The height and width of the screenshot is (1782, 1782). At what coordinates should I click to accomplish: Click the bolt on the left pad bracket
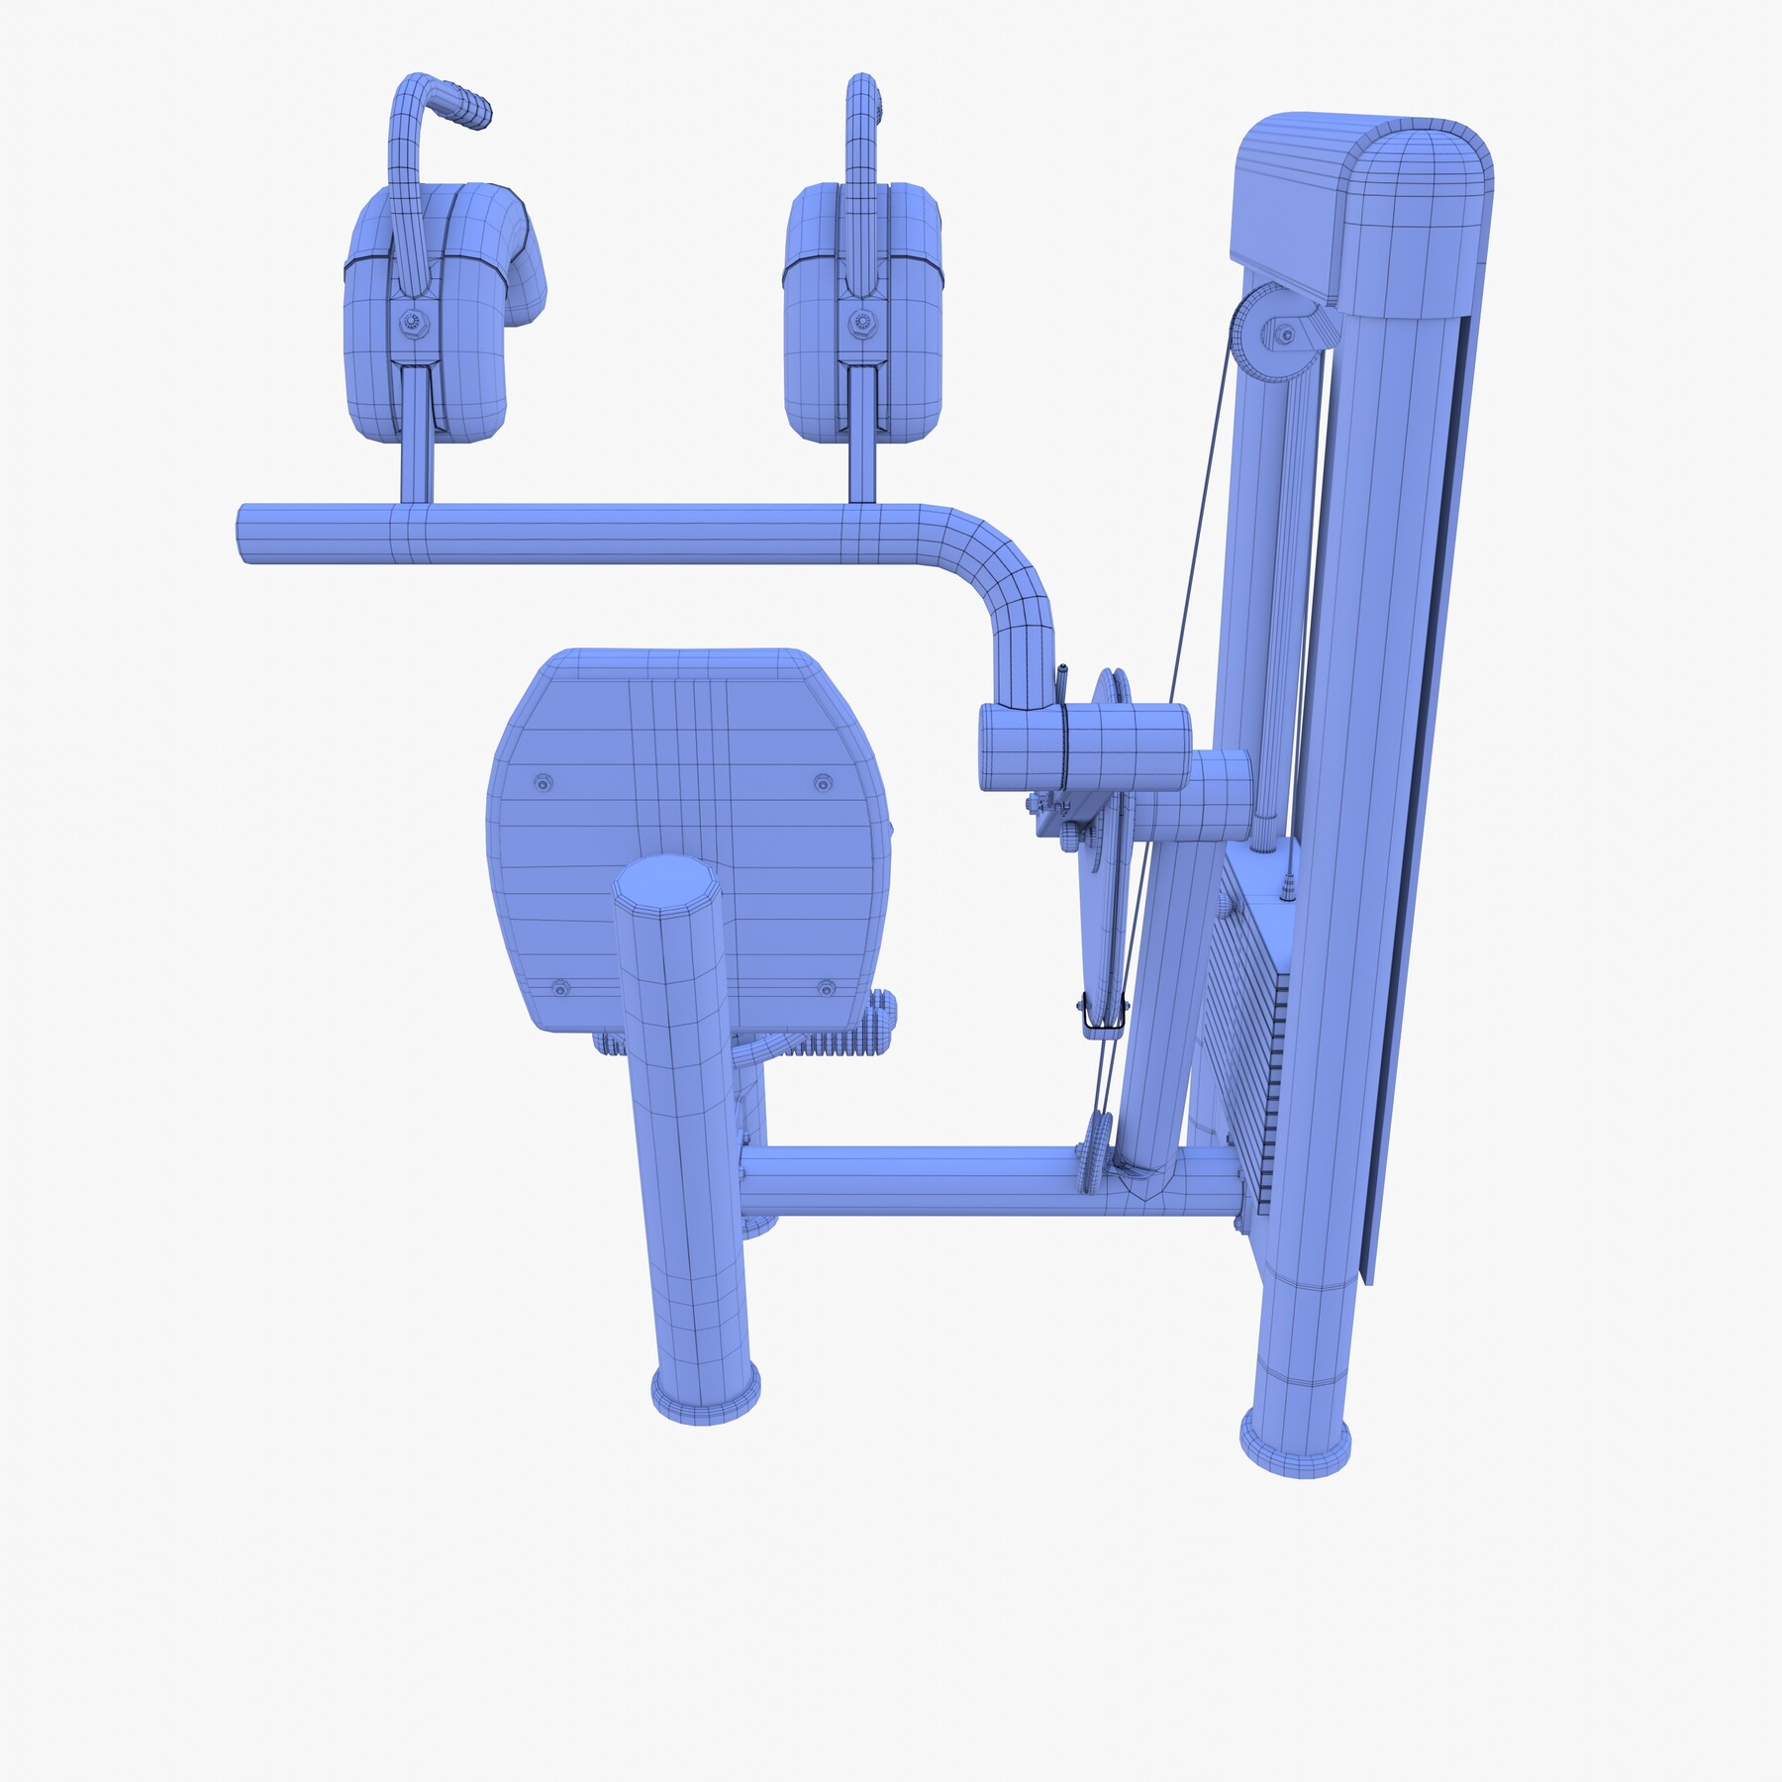[410, 322]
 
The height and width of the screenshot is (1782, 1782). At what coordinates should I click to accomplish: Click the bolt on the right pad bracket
[858, 322]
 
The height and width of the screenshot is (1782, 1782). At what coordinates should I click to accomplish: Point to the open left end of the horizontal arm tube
[244, 535]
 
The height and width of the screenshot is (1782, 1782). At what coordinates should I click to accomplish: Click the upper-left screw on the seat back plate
[542, 783]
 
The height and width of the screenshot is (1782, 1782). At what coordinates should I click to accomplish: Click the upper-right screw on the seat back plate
[822, 783]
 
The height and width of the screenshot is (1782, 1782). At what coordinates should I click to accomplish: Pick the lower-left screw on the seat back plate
[560, 988]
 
